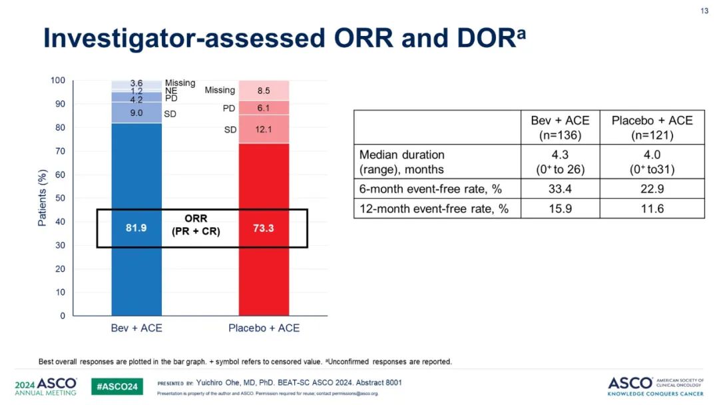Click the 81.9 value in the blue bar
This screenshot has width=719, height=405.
pos(136,228)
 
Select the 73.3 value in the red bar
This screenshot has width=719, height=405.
pos(264,228)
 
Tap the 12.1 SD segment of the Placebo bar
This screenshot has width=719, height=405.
pos(264,129)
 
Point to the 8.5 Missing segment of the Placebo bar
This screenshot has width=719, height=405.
pos(264,91)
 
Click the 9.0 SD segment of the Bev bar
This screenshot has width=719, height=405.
pos(136,113)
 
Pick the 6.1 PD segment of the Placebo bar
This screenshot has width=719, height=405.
pos(264,108)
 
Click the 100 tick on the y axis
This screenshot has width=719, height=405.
pos(58,81)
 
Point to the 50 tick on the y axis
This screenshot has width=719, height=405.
pos(60,199)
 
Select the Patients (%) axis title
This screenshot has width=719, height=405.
pos(42,198)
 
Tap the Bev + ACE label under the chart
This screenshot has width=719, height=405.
pos(136,328)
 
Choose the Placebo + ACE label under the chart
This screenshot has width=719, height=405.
pos(264,328)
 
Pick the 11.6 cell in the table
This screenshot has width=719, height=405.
pos(652,208)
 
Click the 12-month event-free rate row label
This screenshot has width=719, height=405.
pos(434,208)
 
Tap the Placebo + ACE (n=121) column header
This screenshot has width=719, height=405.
pos(652,127)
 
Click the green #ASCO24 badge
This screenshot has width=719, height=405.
pos(117,386)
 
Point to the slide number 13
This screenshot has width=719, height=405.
pos(704,11)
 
